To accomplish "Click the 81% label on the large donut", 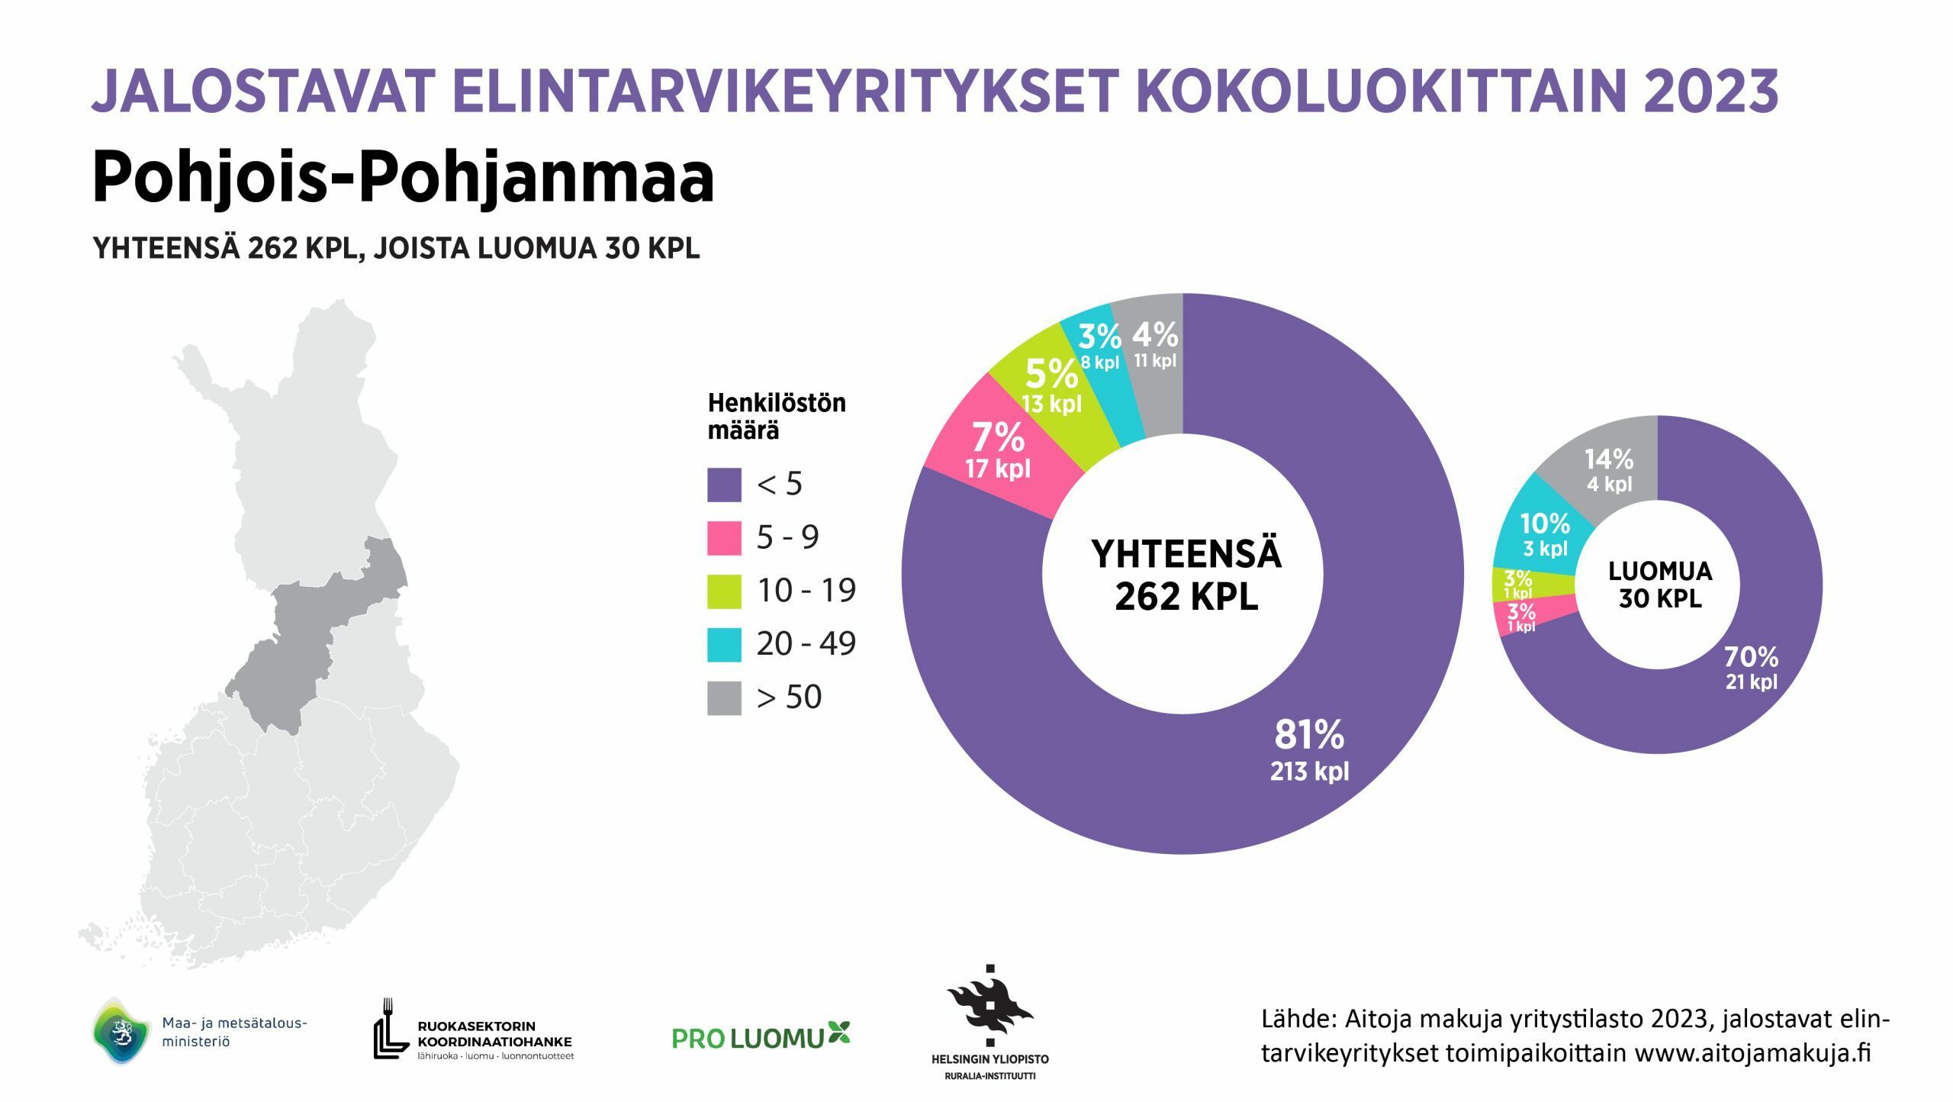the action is click(1309, 735).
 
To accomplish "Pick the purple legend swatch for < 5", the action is click(724, 485).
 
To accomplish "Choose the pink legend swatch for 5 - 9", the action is click(724, 538).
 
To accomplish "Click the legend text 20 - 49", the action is click(806, 644).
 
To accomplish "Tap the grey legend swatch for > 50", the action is click(724, 698).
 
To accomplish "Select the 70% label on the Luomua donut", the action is click(1751, 656).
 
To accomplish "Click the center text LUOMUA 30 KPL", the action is click(1660, 585).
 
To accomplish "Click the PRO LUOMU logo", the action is click(761, 1036).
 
